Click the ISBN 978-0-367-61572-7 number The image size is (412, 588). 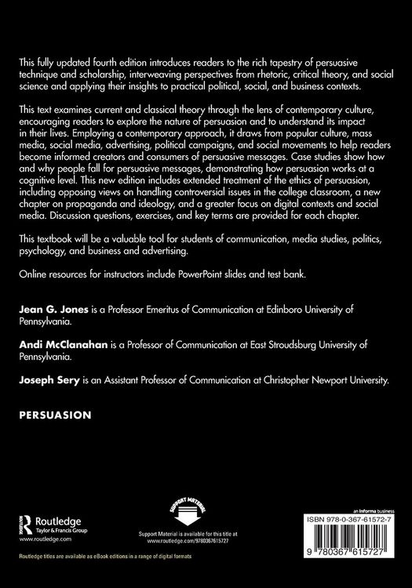pos(345,519)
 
